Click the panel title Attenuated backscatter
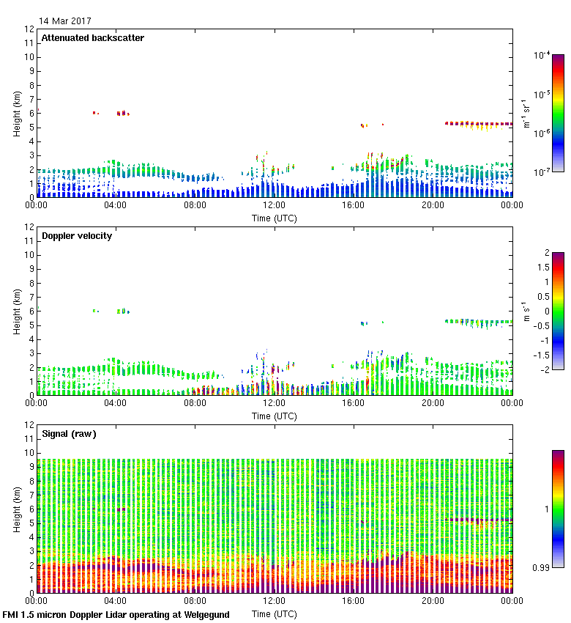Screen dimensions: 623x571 [x=92, y=38]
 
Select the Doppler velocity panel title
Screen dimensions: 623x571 [x=76, y=236]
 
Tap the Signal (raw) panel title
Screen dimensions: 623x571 [x=69, y=434]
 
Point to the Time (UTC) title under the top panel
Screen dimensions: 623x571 [x=275, y=218]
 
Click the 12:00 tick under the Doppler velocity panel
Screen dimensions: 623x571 [x=275, y=402]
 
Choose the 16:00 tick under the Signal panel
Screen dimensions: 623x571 [x=354, y=600]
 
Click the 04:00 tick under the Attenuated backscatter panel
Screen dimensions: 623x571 [x=116, y=205]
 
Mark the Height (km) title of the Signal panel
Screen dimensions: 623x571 [x=16, y=509]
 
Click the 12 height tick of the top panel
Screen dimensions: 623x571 [x=29, y=29]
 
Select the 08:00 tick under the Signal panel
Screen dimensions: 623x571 [x=195, y=600]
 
